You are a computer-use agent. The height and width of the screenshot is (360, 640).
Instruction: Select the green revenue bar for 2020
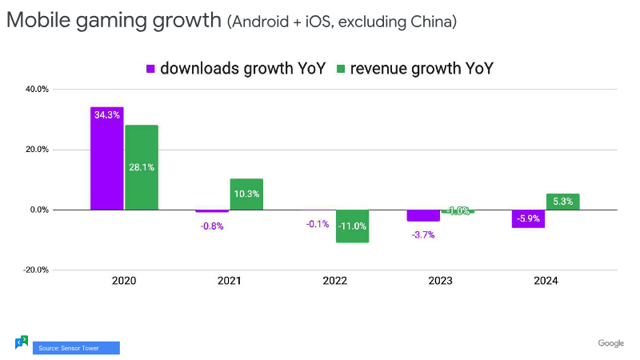point(141,167)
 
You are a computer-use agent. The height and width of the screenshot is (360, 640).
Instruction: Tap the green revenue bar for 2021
point(246,194)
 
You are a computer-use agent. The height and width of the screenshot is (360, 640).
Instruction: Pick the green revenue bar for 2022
point(352,226)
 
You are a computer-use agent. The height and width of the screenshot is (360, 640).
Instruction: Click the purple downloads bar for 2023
point(423,215)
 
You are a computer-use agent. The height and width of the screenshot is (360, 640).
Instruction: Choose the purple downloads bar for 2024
point(529,218)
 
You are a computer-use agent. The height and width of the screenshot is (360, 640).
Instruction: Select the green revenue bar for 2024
point(563,202)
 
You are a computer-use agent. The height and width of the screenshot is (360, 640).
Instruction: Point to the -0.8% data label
point(212,226)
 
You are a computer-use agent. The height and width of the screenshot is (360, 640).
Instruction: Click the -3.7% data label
point(422,235)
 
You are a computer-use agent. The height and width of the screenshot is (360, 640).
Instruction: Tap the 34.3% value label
point(106,115)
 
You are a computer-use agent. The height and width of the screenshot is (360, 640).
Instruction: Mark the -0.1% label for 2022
point(318,224)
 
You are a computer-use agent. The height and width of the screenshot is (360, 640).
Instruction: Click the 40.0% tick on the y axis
point(38,90)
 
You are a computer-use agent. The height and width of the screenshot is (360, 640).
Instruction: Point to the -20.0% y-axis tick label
point(36,270)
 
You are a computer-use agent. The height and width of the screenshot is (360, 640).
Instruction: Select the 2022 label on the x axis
point(334,282)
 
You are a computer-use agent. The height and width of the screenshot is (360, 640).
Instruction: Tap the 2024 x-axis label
point(546,282)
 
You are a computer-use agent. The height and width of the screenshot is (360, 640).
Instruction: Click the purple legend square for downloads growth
point(150,68)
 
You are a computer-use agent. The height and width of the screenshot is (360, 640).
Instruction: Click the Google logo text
point(610,343)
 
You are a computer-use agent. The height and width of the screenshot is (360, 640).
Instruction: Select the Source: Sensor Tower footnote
point(76,348)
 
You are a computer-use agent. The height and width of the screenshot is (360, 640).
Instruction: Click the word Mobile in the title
point(33,21)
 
